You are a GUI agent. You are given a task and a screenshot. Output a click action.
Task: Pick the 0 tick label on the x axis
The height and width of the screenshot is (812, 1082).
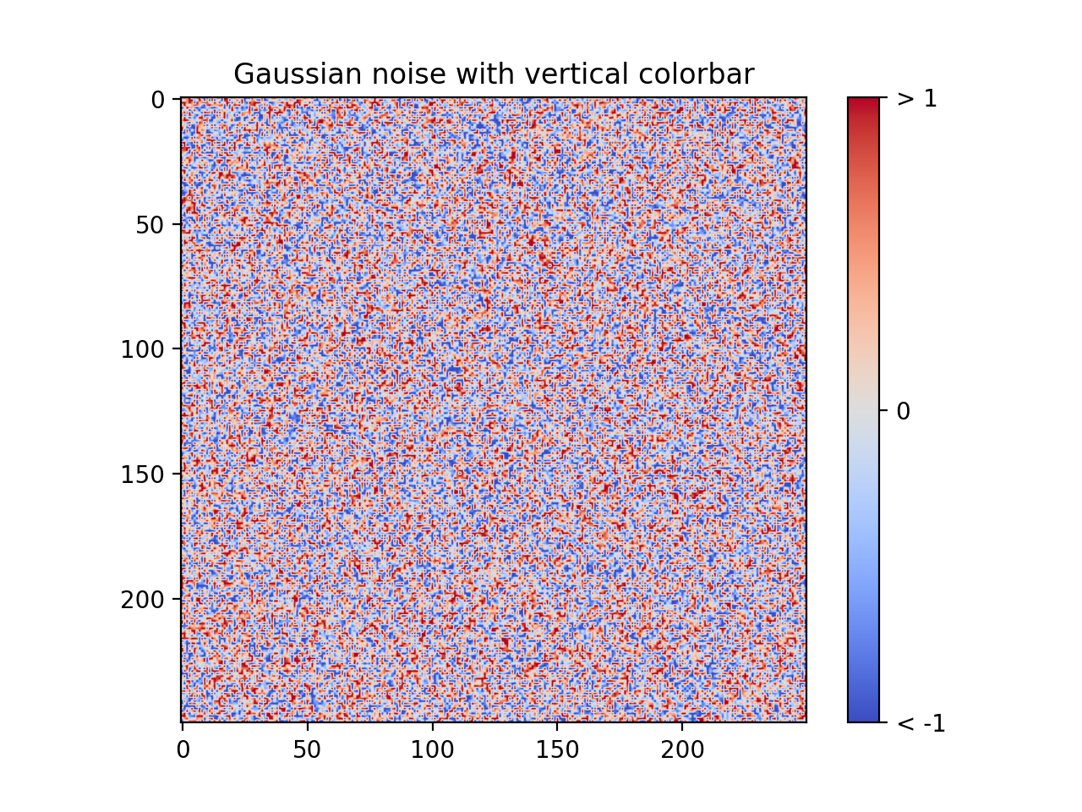coord(183,750)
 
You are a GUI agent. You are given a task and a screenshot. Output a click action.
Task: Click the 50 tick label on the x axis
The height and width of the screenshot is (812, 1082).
coord(307,750)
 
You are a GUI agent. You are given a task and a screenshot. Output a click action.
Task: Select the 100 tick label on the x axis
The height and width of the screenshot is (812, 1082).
coord(432,750)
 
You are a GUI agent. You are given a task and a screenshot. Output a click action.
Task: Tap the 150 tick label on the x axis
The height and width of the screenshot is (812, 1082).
coord(557,750)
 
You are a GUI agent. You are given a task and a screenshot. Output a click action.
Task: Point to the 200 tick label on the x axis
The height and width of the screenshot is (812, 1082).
coord(682,750)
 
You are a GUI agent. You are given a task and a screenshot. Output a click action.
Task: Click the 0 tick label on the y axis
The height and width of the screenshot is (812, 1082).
coord(159,100)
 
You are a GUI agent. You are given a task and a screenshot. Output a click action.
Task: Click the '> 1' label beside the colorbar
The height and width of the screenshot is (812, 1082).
coord(917,99)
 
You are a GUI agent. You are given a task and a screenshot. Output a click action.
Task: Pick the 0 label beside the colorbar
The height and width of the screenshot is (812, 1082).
coord(903,412)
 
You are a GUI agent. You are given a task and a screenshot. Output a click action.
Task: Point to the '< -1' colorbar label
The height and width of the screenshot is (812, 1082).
coord(921,723)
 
